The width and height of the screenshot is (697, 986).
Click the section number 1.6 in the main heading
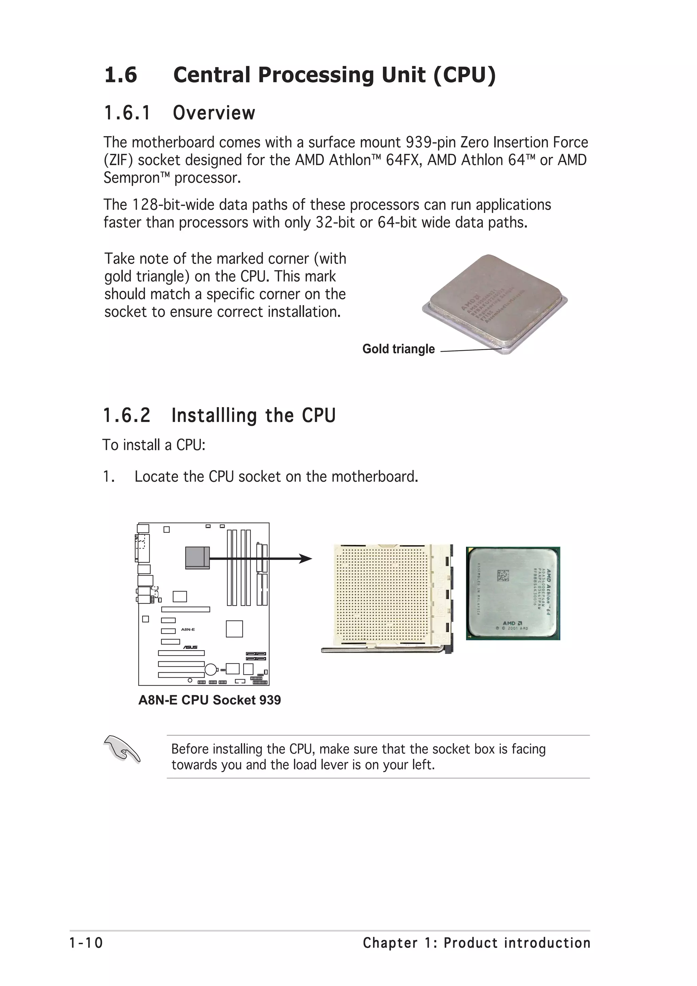coord(121,75)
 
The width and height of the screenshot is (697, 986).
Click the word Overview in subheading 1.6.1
coord(214,113)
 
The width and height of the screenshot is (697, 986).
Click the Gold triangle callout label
coord(399,349)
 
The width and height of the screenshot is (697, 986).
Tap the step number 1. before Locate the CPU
coord(109,477)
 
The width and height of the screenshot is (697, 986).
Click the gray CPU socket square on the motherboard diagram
coord(197,557)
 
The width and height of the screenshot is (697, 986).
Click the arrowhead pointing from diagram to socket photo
coord(305,559)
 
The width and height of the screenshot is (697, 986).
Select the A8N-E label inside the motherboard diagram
coord(188,629)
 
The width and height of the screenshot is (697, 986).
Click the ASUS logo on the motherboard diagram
coord(191,647)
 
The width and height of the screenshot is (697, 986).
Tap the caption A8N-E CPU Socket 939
coord(210,700)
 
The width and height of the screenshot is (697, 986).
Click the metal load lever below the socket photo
coord(382,651)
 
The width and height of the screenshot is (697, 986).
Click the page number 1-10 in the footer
coord(86,943)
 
